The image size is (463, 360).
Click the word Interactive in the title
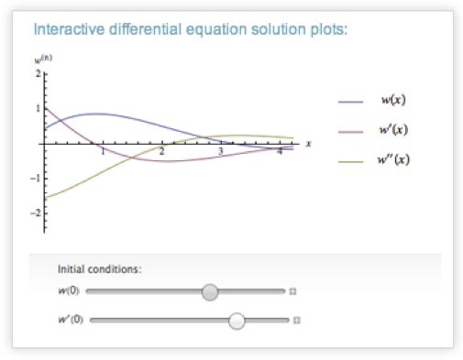coord(64,29)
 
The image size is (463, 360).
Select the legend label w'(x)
coord(394,130)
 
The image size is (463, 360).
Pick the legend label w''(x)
coord(395,160)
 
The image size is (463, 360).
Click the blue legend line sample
coord(353,101)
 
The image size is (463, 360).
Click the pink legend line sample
coord(353,131)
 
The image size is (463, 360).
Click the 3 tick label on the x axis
coord(220,152)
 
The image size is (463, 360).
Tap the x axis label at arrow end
coord(308,143)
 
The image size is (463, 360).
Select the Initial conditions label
coord(99,269)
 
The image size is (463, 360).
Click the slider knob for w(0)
coord(210,292)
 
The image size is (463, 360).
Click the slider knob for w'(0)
coord(237,321)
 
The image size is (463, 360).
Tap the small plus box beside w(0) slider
coord(293,292)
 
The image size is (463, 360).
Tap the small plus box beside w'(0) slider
coord(297,321)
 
